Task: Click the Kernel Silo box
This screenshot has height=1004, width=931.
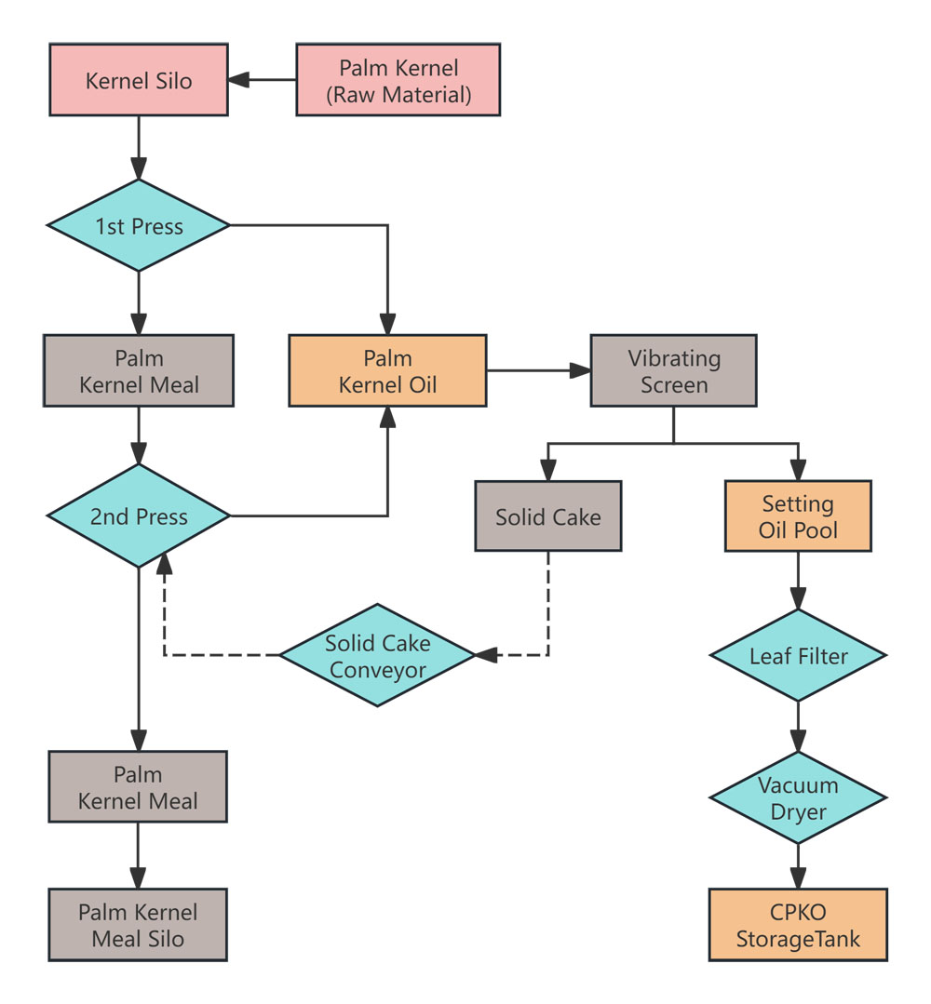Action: coord(138,80)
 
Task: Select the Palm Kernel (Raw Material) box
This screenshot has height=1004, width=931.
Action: coord(398,80)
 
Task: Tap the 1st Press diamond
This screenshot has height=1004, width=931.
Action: coord(138,225)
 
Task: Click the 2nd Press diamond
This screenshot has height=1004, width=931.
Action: coord(138,515)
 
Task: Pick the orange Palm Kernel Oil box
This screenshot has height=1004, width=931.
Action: coord(387,371)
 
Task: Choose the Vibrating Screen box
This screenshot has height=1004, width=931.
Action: coord(673,370)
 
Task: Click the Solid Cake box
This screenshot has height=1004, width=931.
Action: coord(547,516)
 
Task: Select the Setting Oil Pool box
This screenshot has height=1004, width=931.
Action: coord(798,516)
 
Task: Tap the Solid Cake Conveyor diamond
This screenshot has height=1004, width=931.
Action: coord(377,655)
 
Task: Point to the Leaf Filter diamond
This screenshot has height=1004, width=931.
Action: coord(798,656)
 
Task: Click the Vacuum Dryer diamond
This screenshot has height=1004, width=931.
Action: coord(798,797)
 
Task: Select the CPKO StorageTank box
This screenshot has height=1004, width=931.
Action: coord(798,925)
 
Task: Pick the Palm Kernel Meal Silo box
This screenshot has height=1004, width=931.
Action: coord(138,925)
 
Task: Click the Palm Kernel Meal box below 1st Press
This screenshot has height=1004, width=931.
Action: coord(138,371)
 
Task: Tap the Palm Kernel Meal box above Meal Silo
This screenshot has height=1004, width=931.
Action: coord(138,786)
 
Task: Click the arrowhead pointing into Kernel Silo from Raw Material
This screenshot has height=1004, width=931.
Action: coord(240,80)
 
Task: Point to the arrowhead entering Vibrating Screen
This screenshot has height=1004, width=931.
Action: coord(581,370)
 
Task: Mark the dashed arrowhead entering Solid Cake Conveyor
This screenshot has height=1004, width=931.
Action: coord(485,655)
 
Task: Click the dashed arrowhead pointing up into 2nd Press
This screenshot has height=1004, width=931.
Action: coord(164,560)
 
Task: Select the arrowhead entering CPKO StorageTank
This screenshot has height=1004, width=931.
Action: coord(798,878)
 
